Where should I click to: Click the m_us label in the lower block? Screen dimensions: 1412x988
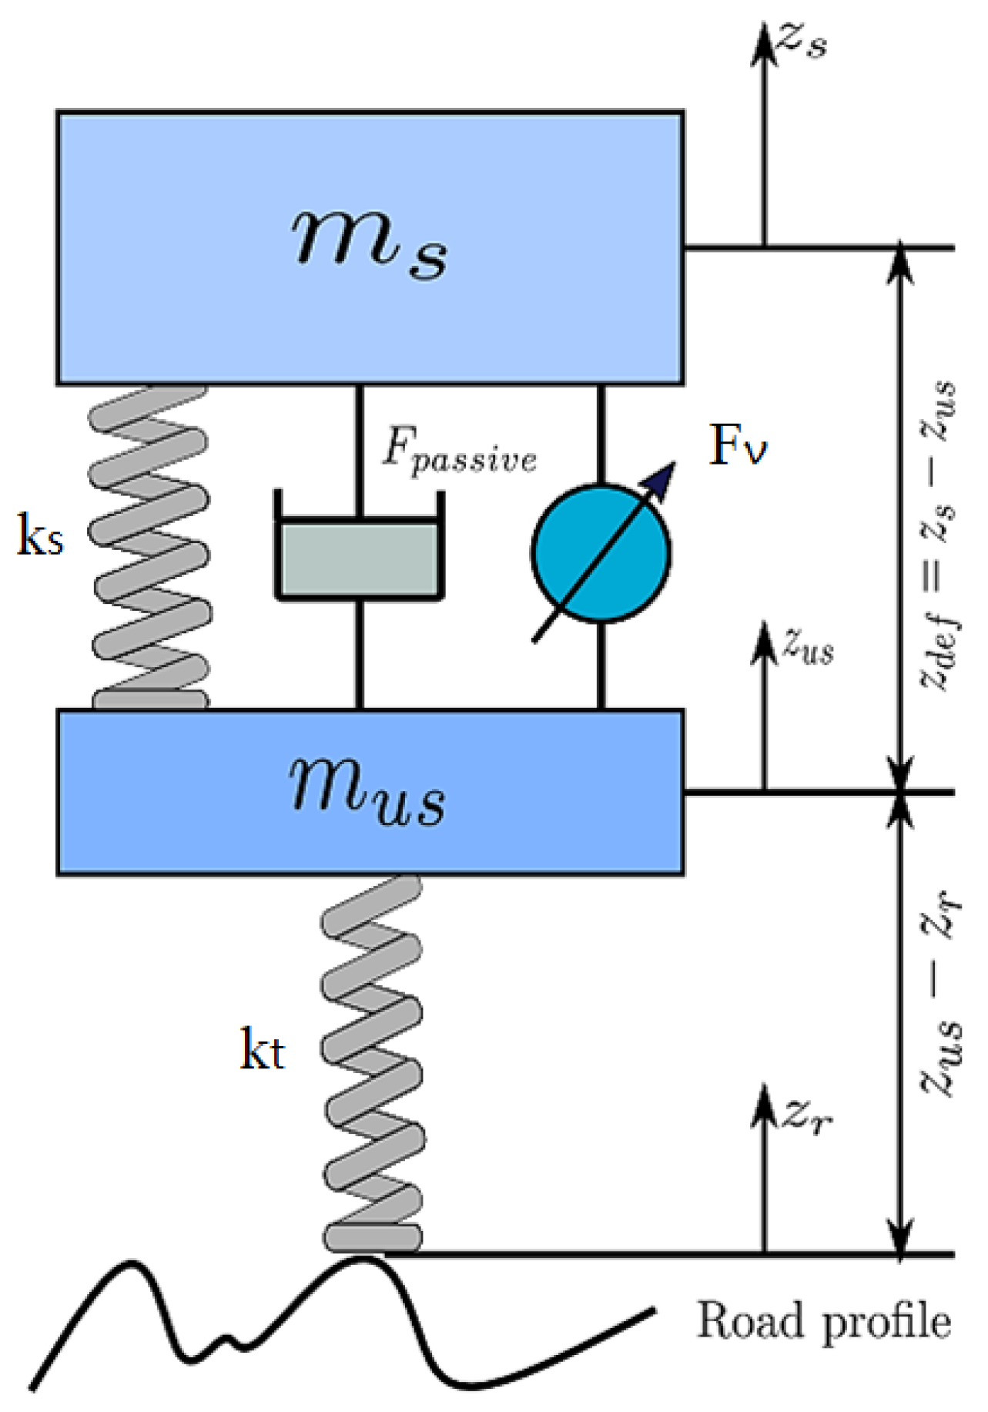(x=367, y=793)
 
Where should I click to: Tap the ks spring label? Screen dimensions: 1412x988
(x=40, y=537)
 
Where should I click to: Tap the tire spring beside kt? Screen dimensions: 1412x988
(x=372, y=1063)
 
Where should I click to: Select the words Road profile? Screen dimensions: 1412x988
(x=823, y=1320)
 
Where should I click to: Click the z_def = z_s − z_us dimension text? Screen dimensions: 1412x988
(x=938, y=535)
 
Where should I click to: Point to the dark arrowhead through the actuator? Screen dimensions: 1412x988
(x=661, y=478)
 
